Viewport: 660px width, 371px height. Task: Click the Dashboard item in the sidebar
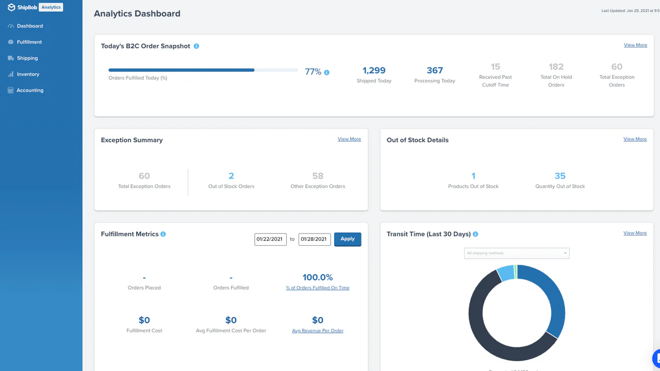click(x=29, y=26)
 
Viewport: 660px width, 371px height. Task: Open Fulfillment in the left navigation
click(x=29, y=42)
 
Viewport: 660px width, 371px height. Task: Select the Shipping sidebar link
click(x=27, y=58)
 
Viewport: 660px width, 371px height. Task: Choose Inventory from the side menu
click(x=28, y=74)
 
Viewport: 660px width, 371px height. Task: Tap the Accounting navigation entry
click(x=30, y=90)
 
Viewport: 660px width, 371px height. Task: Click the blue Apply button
click(x=348, y=239)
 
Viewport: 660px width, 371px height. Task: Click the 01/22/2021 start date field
click(x=270, y=239)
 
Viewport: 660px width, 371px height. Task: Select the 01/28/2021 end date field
click(x=315, y=239)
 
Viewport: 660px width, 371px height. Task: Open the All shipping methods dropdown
click(x=517, y=253)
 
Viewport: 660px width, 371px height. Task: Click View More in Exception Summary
click(x=349, y=139)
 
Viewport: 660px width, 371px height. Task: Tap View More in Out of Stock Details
click(x=635, y=139)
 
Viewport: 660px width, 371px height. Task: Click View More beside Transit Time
click(x=635, y=233)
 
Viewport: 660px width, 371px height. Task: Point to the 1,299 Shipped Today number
click(x=374, y=71)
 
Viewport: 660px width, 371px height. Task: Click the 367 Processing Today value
click(x=435, y=71)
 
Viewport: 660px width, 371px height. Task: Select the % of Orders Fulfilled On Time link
click(x=318, y=288)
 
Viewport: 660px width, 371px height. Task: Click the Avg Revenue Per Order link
click(x=318, y=331)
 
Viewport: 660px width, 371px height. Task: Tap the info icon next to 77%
click(x=326, y=73)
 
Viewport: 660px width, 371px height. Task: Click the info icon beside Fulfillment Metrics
click(x=163, y=234)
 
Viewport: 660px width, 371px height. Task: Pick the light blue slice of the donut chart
click(x=506, y=273)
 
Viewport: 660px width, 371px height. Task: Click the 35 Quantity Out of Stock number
click(x=560, y=176)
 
